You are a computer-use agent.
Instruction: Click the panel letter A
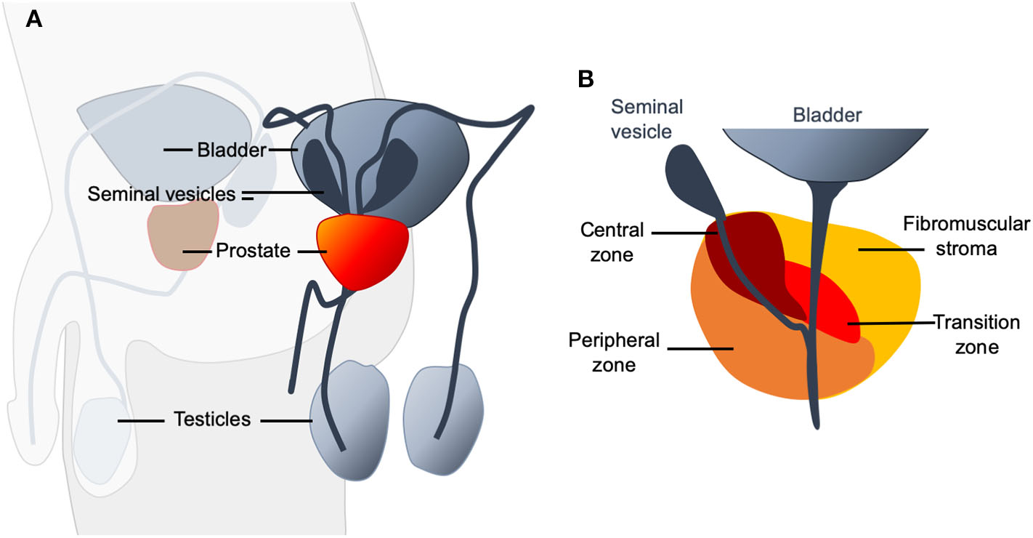click(x=33, y=20)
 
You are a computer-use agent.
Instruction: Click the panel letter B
click(x=586, y=79)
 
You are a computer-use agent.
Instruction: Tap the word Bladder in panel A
click(x=231, y=150)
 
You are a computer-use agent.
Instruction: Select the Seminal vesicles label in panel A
click(x=161, y=194)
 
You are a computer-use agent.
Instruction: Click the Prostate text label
click(x=253, y=252)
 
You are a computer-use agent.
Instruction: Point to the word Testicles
click(x=211, y=419)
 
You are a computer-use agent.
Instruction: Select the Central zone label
click(x=612, y=243)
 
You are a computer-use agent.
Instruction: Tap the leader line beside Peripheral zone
click(x=700, y=349)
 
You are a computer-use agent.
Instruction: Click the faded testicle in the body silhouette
click(x=102, y=436)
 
